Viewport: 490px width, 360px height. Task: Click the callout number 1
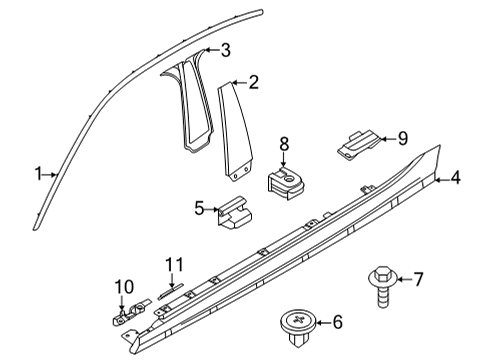(x=37, y=174)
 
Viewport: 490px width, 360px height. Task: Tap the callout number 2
(x=253, y=83)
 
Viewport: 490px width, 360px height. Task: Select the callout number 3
(x=226, y=50)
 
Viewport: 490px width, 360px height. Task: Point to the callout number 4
(x=455, y=179)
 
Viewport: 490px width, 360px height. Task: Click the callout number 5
(x=199, y=208)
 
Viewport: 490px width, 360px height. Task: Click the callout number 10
(x=123, y=288)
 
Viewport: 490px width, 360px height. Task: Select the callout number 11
(x=175, y=265)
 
